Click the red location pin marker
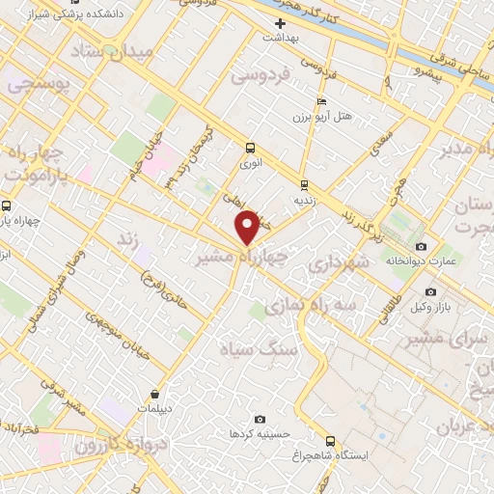248,228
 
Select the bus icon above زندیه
304,184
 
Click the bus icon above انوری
250,148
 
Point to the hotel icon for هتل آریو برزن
322,102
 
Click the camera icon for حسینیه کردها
260,419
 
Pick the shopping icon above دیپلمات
155,393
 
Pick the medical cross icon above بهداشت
281,23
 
